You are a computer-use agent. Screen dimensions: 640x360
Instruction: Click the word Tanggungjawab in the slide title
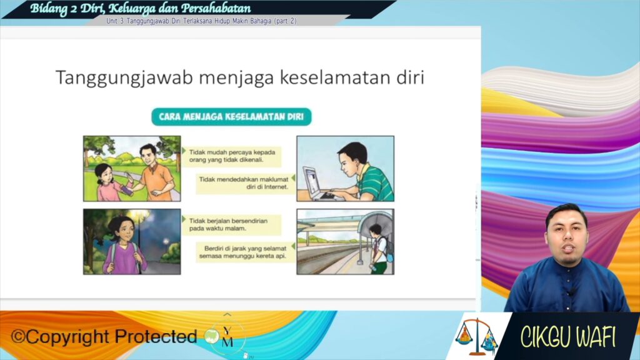[124, 78]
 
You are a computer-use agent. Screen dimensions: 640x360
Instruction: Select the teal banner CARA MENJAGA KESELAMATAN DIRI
[231, 117]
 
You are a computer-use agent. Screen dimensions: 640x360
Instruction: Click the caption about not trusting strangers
[232, 156]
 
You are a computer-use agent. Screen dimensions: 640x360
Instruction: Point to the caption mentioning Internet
[244, 183]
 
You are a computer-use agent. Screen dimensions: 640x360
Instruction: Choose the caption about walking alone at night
[231, 224]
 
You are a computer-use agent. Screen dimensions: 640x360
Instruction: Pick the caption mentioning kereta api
[245, 252]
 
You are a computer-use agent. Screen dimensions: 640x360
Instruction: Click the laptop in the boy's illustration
[318, 184]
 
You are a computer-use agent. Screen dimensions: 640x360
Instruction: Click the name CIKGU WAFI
[567, 337]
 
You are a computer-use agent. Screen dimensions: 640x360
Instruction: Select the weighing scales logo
[476, 336]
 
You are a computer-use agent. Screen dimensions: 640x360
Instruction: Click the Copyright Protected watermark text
[104, 337]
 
